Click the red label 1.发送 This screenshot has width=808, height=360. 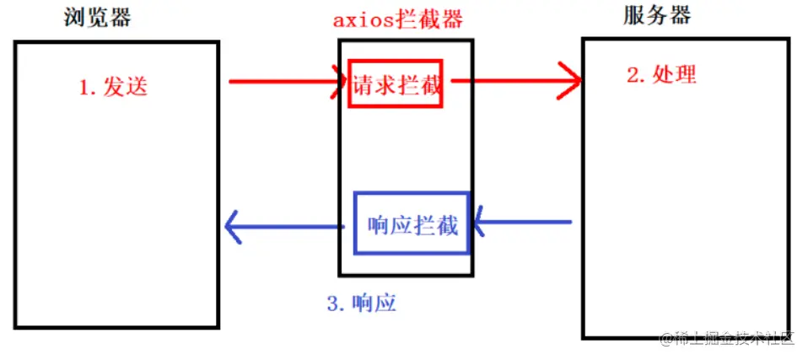coord(113,87)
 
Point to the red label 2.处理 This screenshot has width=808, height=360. coord(661,74)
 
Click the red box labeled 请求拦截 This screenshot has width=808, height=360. coord(396,83)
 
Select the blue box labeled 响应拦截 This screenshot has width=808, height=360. coord(412,223)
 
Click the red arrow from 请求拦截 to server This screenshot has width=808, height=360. coord(514,82)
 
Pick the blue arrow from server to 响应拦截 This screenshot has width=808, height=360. coord(523,223)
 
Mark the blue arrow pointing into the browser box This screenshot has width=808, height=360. coord(287,227)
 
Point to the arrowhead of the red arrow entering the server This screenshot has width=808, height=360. coord(572,82)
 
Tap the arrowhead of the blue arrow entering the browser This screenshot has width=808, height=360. coord(235,227)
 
